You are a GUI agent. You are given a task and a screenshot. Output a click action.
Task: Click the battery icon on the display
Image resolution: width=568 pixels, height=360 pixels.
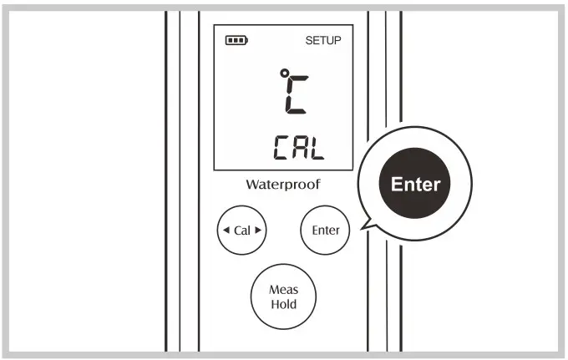pyautogui.click(x=237, y=41)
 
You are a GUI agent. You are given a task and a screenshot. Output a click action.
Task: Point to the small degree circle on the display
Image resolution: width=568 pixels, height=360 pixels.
pyautogui.click(x=284, y=76)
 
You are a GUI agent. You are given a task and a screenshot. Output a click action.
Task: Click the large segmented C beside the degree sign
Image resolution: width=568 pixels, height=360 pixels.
pyautogui.click(x=298, y=94)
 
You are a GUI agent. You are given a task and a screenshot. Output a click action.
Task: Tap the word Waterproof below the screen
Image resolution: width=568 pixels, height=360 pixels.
pyautogui.click(x=282, y=184)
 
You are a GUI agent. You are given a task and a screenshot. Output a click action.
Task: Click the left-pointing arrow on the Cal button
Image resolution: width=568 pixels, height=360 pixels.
pyautogui.click(x=226, y=230)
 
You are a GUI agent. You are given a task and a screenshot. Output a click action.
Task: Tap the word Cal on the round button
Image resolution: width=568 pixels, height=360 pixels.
pyautogui.click(x=241, y=230)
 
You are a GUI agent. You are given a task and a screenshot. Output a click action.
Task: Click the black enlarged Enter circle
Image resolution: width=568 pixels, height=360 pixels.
pyautogui.click(x=415, y=183)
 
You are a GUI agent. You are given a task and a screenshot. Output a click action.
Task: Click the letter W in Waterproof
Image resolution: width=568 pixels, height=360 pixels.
pyautogui.click(x=251, y=184)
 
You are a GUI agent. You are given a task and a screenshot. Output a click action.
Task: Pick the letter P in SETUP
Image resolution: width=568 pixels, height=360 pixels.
pyautogui.click(x=338, y=41)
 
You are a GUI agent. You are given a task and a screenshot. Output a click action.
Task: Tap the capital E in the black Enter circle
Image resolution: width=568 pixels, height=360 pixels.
pyautogui.click(x=397, y=183)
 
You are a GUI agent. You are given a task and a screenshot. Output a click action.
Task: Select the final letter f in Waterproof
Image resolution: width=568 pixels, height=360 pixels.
pyautogui.click(x=317, y=183)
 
